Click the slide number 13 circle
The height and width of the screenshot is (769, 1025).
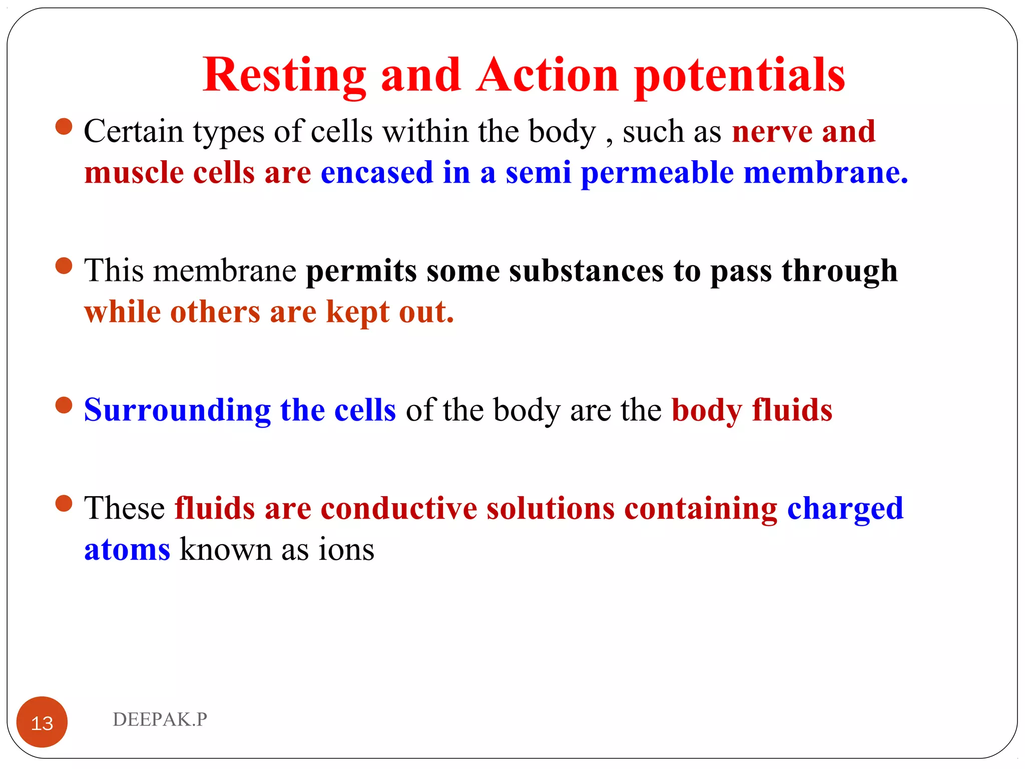tap(42, 722)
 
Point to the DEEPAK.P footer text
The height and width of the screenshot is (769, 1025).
tap(160, 719)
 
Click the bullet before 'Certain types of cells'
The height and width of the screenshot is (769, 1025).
tap(64, 127)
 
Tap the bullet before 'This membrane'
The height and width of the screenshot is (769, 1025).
tap(64, 266)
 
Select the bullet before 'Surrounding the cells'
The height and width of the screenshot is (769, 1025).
tap(64, 405)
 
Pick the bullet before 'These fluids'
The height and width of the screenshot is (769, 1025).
tap(64, 504)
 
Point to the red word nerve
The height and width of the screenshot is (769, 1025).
tap(772, 132)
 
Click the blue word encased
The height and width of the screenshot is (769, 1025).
tap(377, 173)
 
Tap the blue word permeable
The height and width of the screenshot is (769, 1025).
tap(657, 173)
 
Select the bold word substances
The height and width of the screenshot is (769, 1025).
tap(586, 271)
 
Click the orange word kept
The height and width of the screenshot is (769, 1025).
tap(357, 312)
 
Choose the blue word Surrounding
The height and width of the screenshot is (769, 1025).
tap(177, 410)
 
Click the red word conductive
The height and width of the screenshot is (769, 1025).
tap(399, 509)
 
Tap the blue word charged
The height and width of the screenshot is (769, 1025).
tap(845, 509)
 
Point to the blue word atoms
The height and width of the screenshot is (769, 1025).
tap(127, 550)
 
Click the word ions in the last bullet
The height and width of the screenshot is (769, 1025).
tap(346, 550)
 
